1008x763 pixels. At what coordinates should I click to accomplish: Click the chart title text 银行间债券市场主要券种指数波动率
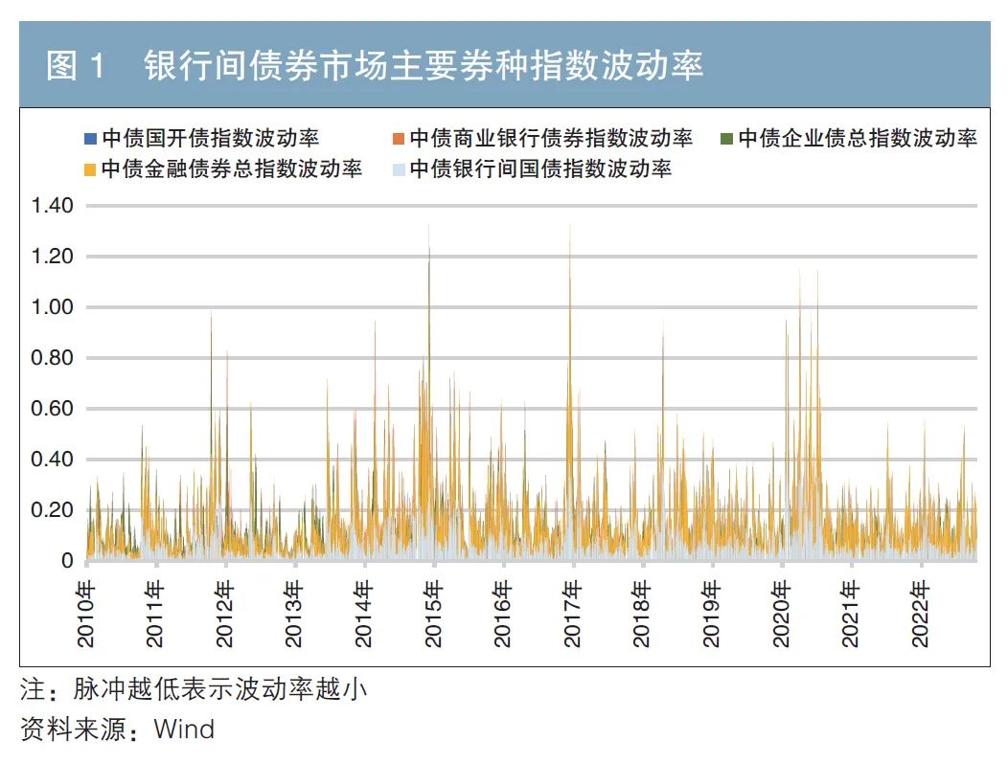424,66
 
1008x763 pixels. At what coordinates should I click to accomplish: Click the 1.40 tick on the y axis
52,206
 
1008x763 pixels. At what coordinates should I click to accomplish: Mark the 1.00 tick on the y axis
52,307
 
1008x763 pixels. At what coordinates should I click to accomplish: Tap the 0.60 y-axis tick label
52,409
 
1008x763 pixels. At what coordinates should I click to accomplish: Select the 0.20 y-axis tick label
52,510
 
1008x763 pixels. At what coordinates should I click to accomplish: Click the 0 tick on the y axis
67,561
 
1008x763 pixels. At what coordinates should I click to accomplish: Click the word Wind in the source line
184,729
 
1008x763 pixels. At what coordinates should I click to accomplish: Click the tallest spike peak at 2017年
570,226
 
